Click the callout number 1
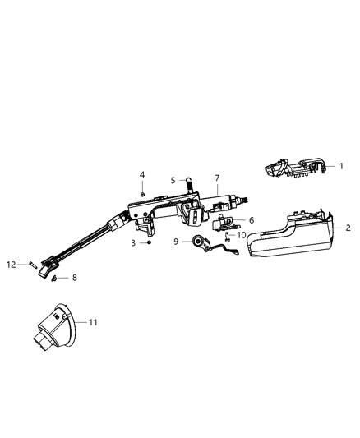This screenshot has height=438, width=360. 340,165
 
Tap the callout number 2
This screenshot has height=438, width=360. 348,228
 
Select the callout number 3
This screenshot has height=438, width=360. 133,243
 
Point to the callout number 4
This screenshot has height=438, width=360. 141,175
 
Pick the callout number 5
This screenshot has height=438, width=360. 173,180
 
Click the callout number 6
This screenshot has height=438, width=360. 252,220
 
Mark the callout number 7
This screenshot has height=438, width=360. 217,178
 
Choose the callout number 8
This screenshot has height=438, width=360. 75,278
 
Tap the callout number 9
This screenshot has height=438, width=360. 176,241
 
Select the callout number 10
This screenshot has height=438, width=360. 241,235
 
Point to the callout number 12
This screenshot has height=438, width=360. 12,264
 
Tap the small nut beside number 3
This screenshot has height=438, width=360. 148,243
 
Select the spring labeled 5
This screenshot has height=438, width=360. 189,184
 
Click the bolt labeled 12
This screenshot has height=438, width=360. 30,265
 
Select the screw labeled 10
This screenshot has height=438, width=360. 225,237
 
